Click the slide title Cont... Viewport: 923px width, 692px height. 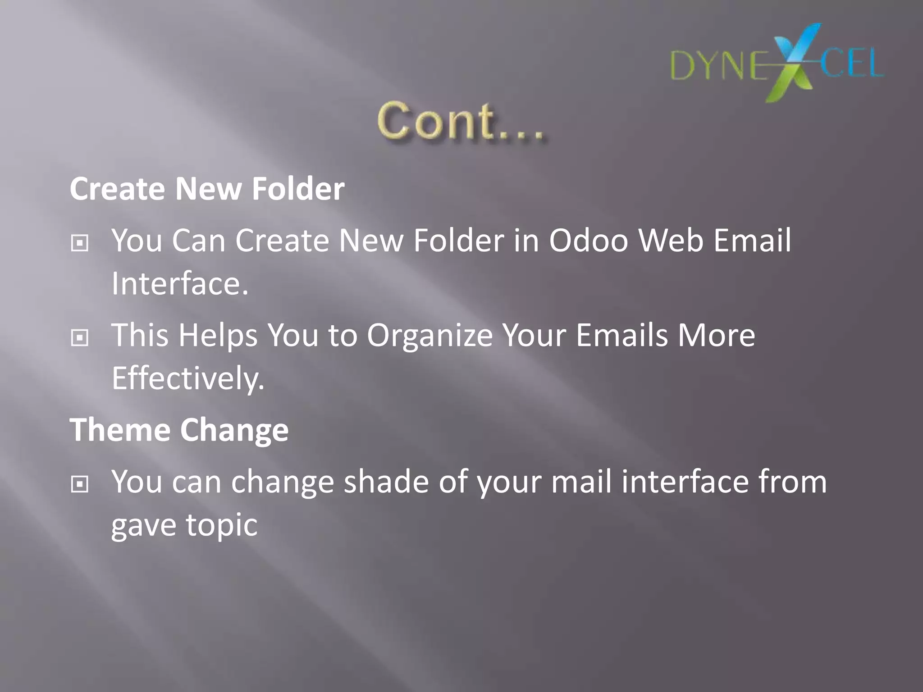(x=461, y=121)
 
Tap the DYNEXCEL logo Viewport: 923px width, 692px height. (x=777, y=64)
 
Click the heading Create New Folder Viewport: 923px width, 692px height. (x=207, y=188)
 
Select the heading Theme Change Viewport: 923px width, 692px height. (x=179, y=430)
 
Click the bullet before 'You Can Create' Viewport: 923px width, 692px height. (x=80, y=243)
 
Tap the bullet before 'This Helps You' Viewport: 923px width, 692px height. (x=80, y=337)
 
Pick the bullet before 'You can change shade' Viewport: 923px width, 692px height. (x=80, y=484)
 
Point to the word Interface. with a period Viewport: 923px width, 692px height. (x=180, y=284)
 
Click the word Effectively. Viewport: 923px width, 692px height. (x=188, y=378)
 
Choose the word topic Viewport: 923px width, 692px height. (x=221, y=525)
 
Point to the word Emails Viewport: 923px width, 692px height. (x=621, y=335)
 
